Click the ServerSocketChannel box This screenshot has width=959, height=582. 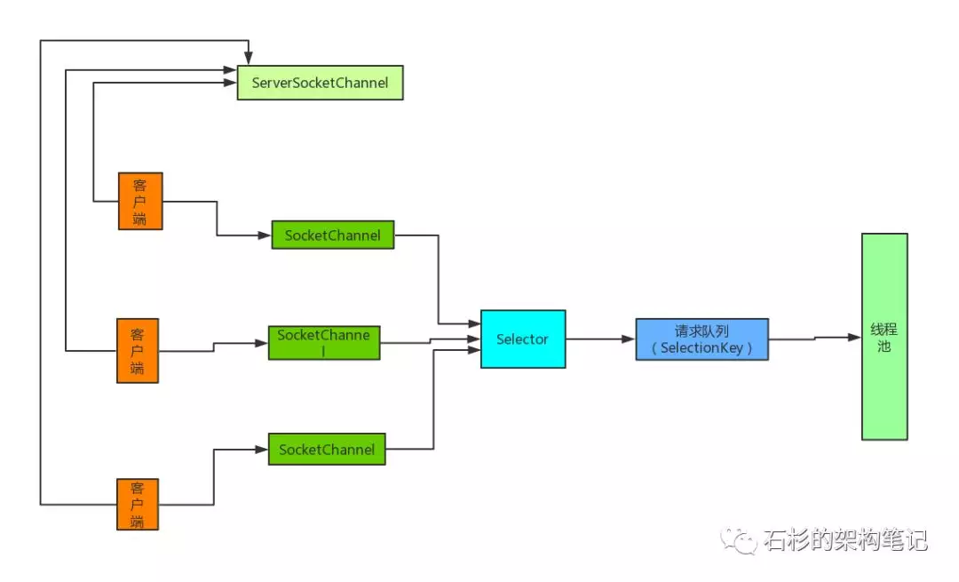(320, 83)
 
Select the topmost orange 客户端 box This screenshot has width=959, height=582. (140, 201)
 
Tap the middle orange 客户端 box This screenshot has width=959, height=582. (138, 351)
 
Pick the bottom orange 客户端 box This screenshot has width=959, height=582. (138, 504)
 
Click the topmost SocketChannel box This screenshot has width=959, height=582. (332, 235)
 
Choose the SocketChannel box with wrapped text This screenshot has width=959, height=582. (324, 342)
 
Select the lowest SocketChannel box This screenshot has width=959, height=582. (327, 450)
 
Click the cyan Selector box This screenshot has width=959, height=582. (523, 339)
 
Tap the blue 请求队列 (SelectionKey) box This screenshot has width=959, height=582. (701, 339)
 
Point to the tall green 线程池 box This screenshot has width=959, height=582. (884, 337)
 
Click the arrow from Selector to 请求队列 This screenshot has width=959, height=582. (600, 339)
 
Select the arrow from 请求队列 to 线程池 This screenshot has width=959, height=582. (814, 338)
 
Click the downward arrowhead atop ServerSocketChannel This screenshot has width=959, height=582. (249, 58)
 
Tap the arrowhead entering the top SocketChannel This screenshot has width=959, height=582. (264, 235)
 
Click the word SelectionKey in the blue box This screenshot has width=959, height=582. (701, 348)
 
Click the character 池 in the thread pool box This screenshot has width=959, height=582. (884, 347)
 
